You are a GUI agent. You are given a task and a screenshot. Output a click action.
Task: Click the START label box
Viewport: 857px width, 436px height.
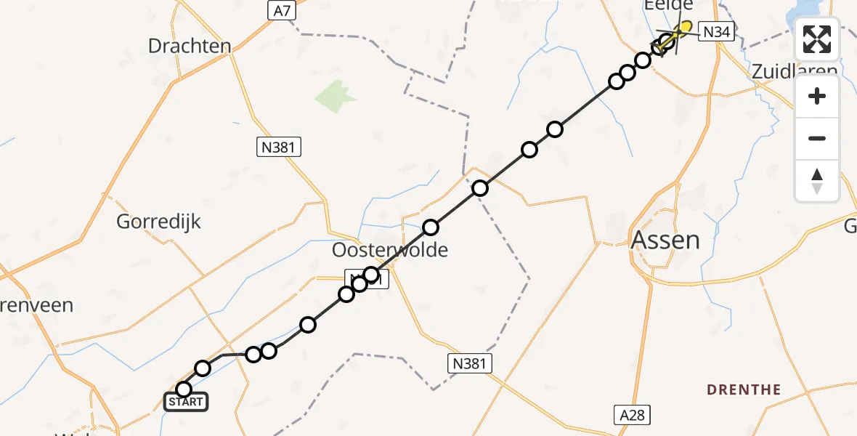(186, 402)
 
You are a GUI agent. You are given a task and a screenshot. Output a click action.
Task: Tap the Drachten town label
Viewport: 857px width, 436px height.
(190, 46)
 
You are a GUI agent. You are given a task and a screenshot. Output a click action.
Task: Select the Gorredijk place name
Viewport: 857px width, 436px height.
(158, 222)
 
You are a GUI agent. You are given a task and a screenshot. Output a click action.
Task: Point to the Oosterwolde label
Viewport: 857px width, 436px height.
(389, 250)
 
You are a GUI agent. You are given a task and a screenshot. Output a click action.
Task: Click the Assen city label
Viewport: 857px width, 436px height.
(666, 239)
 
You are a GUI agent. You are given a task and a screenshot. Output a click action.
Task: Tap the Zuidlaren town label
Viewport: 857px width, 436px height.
(793, 71)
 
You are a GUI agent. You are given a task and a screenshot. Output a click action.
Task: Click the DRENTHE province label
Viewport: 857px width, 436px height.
(744, 389)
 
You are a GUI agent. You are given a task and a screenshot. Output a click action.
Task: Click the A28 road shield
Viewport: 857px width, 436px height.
(630, 415)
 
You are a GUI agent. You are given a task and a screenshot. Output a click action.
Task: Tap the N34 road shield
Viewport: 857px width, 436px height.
(718, 31)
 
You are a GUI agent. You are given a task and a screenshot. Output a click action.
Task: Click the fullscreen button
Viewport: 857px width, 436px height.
(817, 39)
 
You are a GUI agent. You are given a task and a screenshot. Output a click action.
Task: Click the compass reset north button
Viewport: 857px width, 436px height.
(817, 181)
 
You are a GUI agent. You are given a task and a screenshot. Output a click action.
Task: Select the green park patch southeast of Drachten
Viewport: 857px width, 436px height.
(336, 96)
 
